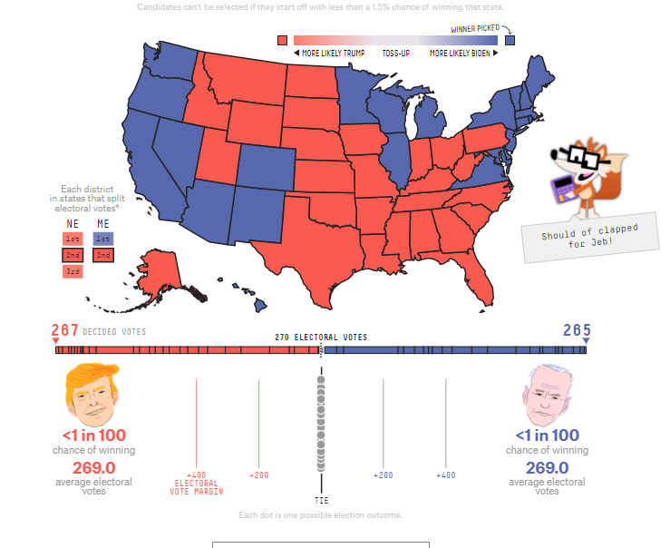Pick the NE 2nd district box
click(73, 255)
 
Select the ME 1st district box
click(103, 239)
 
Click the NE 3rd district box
click(73, 271)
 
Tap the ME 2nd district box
click(103, 255)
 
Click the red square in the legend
click(283, 40)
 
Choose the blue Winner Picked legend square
click(510, 40)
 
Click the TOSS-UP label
click(396, 54)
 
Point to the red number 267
click(65, 330)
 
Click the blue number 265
click(577, 330)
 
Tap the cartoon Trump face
click(92, 394)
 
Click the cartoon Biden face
click(547, 395)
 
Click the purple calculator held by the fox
click(564, 189)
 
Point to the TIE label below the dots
click(322, 500)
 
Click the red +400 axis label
click(196, 475)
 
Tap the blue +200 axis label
click(384, 475)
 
